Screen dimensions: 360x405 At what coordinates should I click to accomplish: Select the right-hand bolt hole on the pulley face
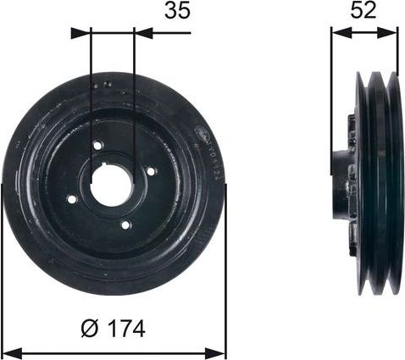pyautogui.click(x=152, y=172)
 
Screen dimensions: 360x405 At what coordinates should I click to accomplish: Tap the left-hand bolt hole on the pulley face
pyautogui.click(x=72, y=199)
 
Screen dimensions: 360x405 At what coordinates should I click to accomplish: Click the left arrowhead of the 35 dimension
pyautogui.click(x=79, y=34)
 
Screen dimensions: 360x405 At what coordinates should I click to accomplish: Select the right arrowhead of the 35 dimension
pyautogui.click(x=145, y=34)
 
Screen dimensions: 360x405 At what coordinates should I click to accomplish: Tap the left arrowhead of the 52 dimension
pyautogui.click(x=336, y=34)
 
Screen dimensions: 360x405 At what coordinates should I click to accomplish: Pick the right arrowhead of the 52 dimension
pyautogui.click(x=391, y=34)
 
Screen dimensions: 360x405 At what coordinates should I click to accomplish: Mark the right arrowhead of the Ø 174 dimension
pyautogui.click(x=220, y=348)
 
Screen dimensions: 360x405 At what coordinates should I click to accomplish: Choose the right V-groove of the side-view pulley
pyautogui.click(x=389, y=182)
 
